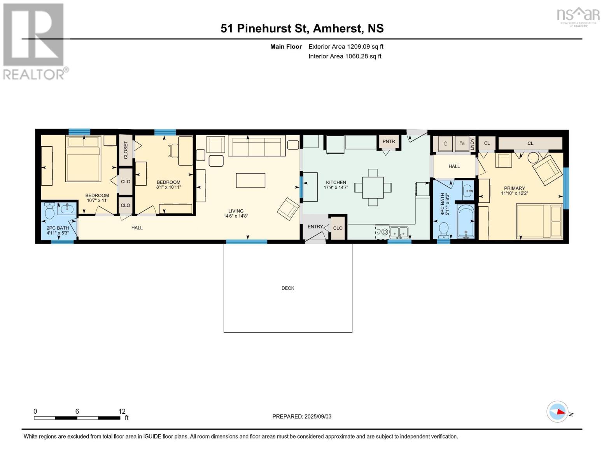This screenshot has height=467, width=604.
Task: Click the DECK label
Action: point(288,288)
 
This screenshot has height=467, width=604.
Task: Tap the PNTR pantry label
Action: point(389,141)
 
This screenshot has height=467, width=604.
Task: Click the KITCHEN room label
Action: point(336,182)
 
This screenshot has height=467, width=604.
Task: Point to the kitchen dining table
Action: point(373,188)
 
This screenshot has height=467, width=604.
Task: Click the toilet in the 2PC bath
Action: point(49,211)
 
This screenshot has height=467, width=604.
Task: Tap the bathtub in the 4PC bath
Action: point(466,221)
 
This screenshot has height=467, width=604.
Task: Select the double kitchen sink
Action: point(399,232)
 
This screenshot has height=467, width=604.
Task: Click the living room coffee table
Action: point(250,180)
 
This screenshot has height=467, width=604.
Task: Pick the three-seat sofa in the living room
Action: point(257,146)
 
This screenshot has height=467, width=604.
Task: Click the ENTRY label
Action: point(315,226)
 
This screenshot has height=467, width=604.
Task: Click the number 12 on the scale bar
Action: point(122,411)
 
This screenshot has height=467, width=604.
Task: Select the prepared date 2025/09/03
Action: point(318,416)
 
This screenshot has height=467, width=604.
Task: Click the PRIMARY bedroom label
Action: point(514,188)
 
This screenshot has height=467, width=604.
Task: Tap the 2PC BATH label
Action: point(58,228)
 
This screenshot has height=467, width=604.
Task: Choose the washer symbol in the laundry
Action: point(446,144)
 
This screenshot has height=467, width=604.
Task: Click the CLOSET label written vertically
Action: point(126,150)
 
